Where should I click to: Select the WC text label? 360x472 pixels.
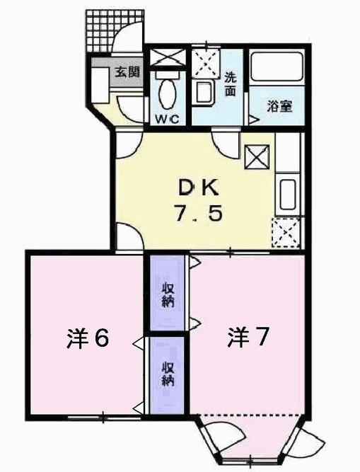click(167, 119)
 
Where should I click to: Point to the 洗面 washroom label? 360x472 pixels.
click(231, 85)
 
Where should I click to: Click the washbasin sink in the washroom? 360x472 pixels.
click(205, 93)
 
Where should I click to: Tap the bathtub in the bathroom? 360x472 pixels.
click(277, 67)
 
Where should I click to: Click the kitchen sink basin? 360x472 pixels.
click(288, 195)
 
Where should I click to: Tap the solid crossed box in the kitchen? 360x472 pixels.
click(257, 157)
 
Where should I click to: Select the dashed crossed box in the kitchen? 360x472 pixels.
click(286, 233)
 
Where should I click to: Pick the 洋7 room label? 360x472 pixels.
click(248, 337)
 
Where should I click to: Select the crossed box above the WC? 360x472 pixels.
click(167, 57)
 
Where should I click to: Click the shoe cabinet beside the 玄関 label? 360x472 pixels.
click(99, 86)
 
